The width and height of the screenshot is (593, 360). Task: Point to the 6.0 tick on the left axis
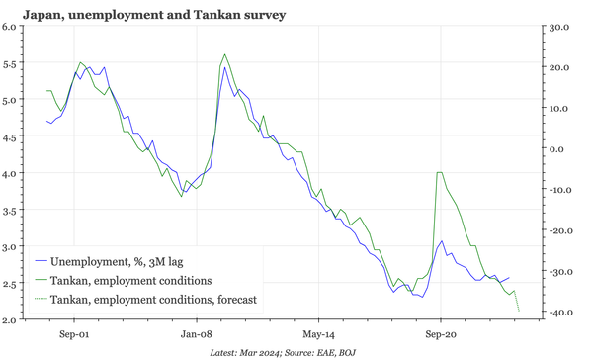(14, 27)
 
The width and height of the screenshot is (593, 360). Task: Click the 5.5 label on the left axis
(14, 63)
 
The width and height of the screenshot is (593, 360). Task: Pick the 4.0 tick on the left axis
(14, 173)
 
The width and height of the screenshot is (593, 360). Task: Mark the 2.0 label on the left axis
(14, 319)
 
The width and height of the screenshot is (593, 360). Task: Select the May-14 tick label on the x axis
(318, 335)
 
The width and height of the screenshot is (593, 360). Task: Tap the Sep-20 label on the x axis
(441, 335)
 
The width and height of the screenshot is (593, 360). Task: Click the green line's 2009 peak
(225, 54)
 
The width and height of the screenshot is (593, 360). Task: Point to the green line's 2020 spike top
(438, 172)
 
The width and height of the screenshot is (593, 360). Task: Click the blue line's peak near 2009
(225, 68)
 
